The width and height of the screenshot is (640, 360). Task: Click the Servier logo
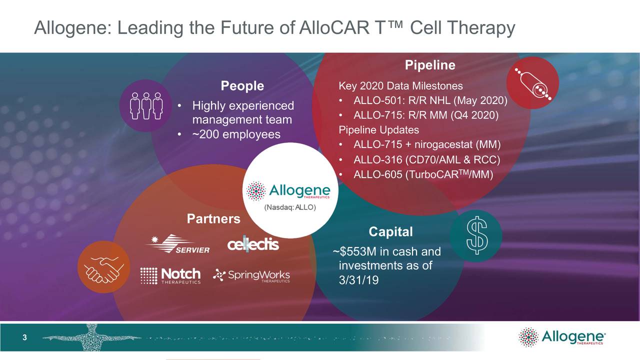(177, 243)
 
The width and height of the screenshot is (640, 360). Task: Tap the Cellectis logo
(253, 244)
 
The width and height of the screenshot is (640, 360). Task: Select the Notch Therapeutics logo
(170, 275)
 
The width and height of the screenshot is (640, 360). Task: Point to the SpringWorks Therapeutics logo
(251, 275)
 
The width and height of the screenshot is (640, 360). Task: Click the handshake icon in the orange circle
(102, 266)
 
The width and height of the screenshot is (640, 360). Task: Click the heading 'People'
(242, 86)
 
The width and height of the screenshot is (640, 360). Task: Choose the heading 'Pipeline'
(429, 65)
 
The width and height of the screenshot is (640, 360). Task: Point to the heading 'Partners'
(213, 218)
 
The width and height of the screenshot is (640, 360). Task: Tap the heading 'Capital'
(390, 231)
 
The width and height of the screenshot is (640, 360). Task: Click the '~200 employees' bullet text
(236, 134)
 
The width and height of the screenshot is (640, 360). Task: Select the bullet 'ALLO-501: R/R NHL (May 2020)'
(430, 101)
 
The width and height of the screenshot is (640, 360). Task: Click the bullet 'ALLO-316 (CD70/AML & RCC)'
(426, 159)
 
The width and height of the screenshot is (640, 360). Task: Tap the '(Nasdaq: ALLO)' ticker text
(290, 207)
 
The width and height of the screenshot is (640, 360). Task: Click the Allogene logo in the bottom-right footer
(562, 337)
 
